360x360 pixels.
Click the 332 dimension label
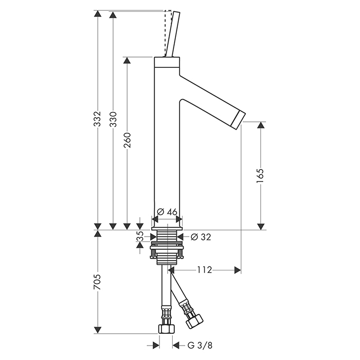click(x=98, y=119)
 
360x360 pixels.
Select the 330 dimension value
click(x=113, y=119)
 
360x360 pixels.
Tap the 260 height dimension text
click(x=127, y=140)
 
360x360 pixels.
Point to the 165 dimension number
click(x=260, y=176)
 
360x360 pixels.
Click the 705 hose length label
click(x=97, y=282)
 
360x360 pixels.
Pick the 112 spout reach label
click(x=205, y=270)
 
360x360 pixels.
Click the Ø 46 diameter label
click(x=167, y=212)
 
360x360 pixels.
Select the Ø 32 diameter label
click(x=201, y=237)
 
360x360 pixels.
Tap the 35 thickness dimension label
click(x=140, y=237)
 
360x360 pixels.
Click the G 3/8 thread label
click(x=200, y=345)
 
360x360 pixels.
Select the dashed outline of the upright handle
click(x=168, y=33)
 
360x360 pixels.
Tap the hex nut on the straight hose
click(x=166, y=329)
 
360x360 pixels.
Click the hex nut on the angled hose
click(x=194, y=320)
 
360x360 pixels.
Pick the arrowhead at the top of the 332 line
click(x=98, y=14)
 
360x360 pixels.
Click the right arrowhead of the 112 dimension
click(x=238, y=270)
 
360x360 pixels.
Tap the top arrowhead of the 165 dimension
click(x=261, y=125)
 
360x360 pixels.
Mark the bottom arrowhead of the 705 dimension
click(x=98, y=330)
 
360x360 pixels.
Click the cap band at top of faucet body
click(x=167, y=62)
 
